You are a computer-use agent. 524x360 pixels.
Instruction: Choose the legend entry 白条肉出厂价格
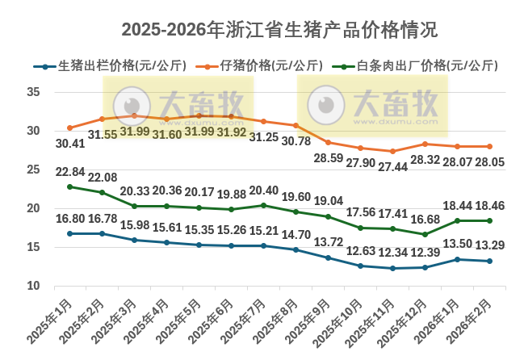tap(428, 66)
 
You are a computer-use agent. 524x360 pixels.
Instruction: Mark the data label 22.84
tap(70, 172)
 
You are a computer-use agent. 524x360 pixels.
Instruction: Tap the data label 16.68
tap(425, 220)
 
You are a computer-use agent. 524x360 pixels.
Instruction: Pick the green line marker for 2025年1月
tap(69, 186)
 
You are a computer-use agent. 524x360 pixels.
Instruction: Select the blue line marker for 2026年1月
tap(457, 259)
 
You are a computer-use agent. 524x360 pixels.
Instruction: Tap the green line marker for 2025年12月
tap(425, 234)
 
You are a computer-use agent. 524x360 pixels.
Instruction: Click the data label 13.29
tap(490, 246)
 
